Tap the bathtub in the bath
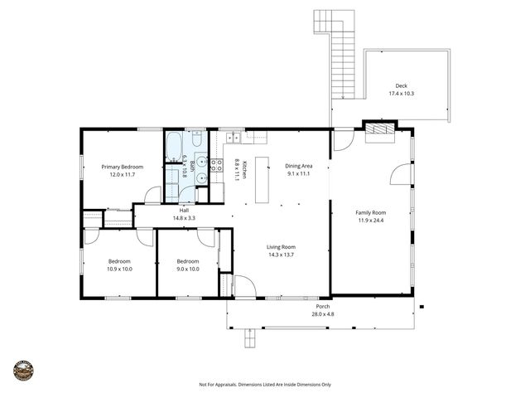tap(174, 148)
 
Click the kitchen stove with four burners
tap(215, 165)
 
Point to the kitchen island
tap(263, 179)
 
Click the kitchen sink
tap(234, 136)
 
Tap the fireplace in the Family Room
tap(377, 129)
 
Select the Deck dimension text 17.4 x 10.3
tap(401, 94)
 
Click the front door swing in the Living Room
tap(245, 287)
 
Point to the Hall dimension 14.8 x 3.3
tap(185, 218)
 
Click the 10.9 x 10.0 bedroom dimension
tap(119, 269)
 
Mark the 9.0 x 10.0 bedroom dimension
tap(188, 269)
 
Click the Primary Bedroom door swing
tap(152, 196)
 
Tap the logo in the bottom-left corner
tap(24, 370)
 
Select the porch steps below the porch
tap(248, 337)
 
